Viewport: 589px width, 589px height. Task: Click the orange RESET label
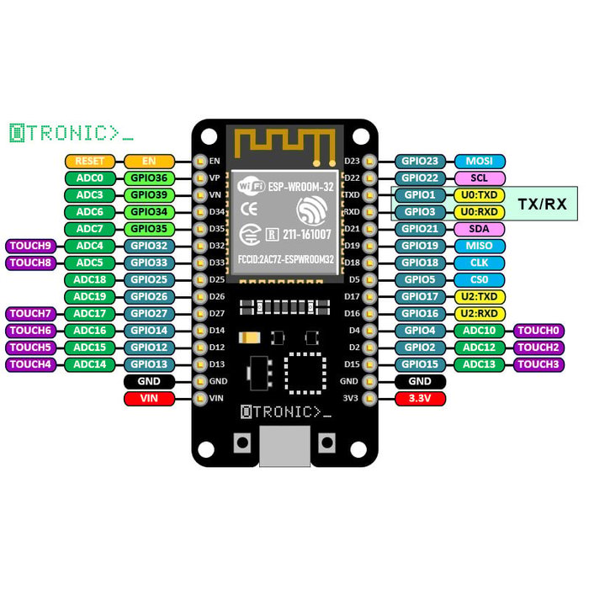(89, 161)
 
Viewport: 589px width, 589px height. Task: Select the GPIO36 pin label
(149, 178)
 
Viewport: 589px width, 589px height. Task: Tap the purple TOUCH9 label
(31, 246)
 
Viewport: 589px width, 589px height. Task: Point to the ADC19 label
(89, 296)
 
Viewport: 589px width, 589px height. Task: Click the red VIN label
(149, 398)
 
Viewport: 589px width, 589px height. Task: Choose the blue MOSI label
(480, 161)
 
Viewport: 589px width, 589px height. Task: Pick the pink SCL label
(480, 178)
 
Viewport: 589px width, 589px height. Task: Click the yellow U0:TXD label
(480, 195)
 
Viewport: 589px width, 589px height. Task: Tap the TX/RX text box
(541, 204)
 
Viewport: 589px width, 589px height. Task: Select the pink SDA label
(480, 229)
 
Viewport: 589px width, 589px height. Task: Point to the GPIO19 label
(419, 246)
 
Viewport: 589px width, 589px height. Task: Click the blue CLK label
(480, 263)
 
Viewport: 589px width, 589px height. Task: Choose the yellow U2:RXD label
(480, 313)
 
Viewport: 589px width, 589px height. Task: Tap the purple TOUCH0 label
(539, 331)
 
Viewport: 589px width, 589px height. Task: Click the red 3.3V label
(419, 398)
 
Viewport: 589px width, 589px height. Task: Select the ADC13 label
(480, 364)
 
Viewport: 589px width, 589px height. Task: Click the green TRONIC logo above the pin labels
(72, 132)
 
